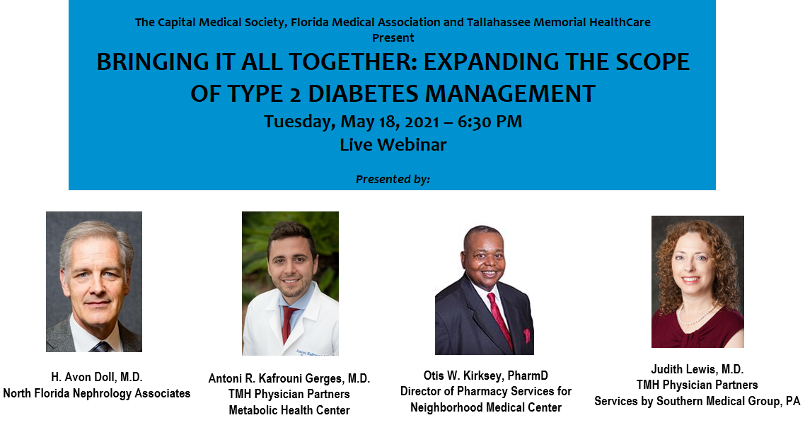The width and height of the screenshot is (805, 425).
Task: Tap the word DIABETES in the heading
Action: pyautogui.click(x=363, y=94)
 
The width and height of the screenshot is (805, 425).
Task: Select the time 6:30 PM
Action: pyautogui.click(x=490, y=122)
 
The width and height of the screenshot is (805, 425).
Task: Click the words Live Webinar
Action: pyautogui.click(x=393, y=145)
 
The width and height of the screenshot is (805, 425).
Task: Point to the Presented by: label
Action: pyautogui.click(x=393, y=179)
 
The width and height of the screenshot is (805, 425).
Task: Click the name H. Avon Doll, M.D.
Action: pyautogui.click(x=96, y=377)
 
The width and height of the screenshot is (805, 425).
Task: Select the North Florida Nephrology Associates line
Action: pyautogui.click(x=96, y=394)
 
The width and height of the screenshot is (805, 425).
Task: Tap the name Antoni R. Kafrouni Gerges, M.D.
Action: pyautogui.click(x=289, y=379)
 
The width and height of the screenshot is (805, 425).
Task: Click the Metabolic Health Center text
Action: pyautogui.click(x=289, y=411)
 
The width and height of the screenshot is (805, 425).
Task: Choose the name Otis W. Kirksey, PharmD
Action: pyautogui.click(x=486, y=375)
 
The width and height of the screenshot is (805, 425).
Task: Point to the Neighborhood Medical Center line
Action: pyautogui.click(x=486, y=407)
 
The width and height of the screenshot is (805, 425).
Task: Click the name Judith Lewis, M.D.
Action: pyautogui.click(x=697, y=369)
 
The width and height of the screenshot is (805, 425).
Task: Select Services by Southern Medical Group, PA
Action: pyautogui.click(x=697, y=401)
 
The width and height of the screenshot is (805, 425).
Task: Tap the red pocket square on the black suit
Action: pyautogui.click(x=526, y=336)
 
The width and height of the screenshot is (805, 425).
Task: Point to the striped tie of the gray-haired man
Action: pyautogui.click(x=101, y=347)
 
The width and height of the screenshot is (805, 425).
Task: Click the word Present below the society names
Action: pyautogui.click(x=393, y=38)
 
